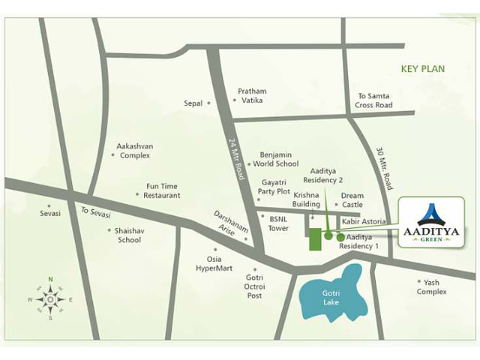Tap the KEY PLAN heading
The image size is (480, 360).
pos(423,69)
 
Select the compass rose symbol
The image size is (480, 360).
pos(50,299)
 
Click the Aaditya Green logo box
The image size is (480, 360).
pos(431,222)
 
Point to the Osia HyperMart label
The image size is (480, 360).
pos(214,263)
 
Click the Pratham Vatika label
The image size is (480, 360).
pos(252,96)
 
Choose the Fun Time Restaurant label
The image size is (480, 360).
pos(163,190)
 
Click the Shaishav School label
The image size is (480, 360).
pos(128,235)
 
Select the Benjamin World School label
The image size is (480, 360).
pos(275,158)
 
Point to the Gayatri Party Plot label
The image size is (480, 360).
pos(275,187)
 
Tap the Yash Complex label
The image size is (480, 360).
pos(431,286)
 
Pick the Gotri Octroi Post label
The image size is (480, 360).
pos(255,286)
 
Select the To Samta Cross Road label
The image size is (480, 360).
pos(374,100)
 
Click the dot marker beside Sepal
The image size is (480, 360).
pos(209,103)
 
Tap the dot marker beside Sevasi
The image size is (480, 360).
pos(49,205)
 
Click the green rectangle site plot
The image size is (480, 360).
pos(315,238)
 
